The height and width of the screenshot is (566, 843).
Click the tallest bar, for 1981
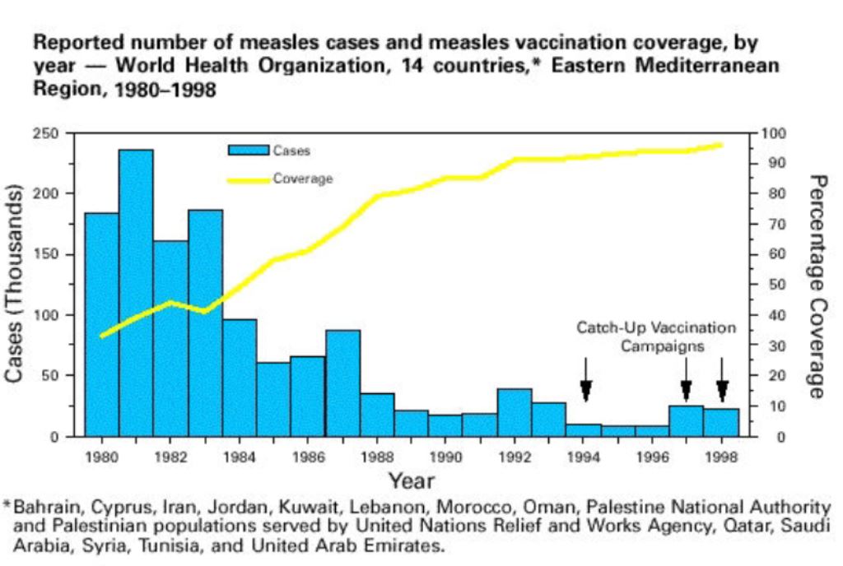136,292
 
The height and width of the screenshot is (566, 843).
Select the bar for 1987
342,383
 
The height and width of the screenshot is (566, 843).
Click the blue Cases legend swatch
249,151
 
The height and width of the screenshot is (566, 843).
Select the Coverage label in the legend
304,179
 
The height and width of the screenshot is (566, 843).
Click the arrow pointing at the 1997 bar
686,381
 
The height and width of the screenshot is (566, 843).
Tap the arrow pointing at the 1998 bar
723,381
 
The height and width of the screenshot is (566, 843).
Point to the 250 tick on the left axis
63,133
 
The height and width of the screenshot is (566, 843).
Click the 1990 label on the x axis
445,453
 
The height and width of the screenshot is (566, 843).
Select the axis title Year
412,480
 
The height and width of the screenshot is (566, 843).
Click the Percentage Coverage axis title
817,285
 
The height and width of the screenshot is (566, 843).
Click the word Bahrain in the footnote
43,507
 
